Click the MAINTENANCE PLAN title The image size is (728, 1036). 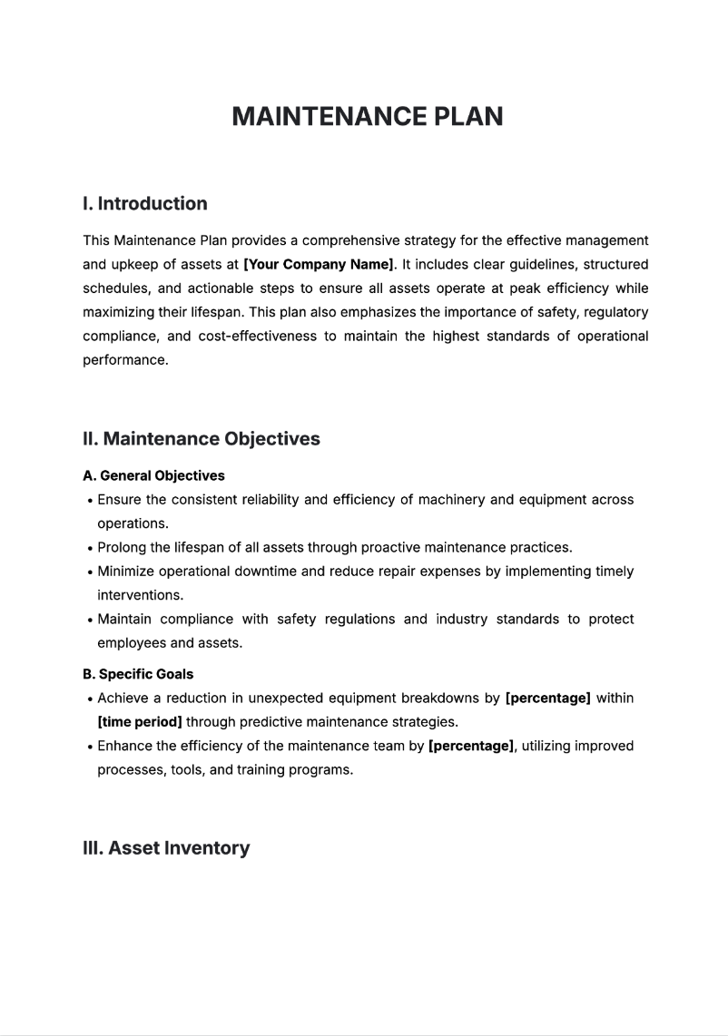click(367, 117)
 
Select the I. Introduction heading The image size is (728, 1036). click(144, 203)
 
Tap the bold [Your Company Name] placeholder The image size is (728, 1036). click(319, 265)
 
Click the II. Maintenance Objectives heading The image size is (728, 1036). click(201, 439)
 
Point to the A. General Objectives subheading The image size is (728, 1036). click(153, 475)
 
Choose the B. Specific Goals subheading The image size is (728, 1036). click(137, 674)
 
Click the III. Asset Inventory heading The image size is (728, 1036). click(165, 848)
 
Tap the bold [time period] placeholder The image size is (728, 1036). click(139, 722)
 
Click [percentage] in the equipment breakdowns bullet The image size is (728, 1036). click(547, 699)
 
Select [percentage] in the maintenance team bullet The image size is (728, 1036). click(471, 746)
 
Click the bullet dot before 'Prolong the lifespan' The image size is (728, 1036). click(89, 549)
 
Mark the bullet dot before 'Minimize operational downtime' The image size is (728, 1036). click(89, 572)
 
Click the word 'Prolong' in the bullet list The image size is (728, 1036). click(123, 548)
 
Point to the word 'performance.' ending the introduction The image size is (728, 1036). click(125, 359)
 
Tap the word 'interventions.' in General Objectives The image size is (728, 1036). click(140, 595)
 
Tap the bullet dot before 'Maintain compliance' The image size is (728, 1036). click(89, 621)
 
